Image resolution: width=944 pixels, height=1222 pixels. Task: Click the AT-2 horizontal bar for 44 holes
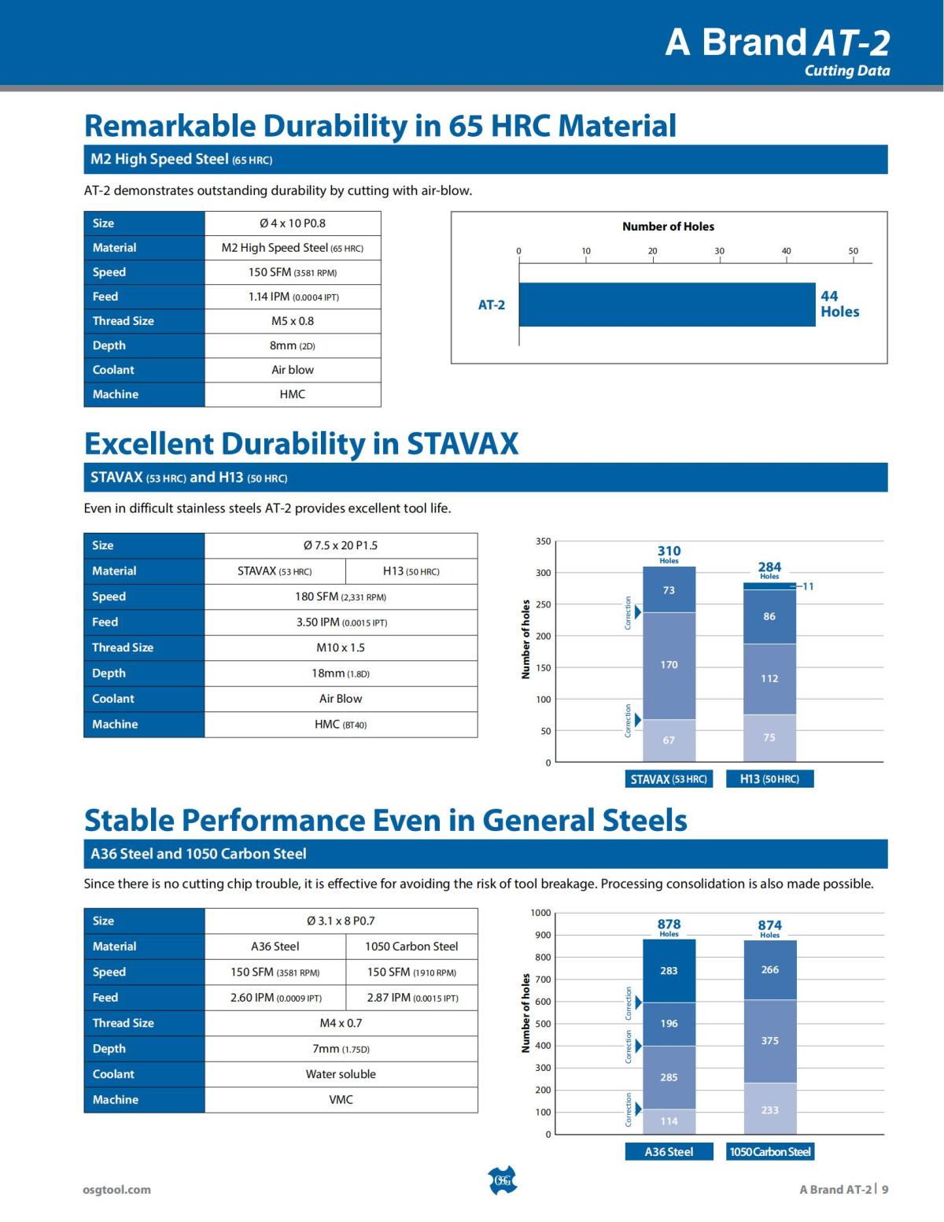coord(666,305)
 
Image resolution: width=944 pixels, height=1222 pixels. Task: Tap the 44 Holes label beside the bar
coord(839,304)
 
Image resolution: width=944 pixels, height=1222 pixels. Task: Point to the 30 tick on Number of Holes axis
coord(719,251)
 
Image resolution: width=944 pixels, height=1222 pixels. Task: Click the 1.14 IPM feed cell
coord(293,297)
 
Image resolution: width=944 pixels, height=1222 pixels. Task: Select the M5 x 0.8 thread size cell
coord(293,321)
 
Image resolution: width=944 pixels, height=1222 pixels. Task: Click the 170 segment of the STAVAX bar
coord(669,665)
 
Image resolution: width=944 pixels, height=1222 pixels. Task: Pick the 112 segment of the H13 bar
coord(769,678)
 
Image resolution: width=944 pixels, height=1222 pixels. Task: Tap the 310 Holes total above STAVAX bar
coord(669,553)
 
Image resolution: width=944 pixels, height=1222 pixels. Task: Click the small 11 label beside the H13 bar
coord(808,586)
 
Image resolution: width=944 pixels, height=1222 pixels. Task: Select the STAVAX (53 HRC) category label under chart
coord(669,779)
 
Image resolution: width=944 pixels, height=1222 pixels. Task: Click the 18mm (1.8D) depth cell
coord(341,674)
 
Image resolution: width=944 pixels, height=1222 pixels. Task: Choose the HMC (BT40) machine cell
coord(341,725)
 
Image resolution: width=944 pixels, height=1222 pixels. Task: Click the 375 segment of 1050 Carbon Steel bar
coord(769,1040)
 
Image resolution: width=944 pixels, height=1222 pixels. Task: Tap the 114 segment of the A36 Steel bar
coord(669,1121)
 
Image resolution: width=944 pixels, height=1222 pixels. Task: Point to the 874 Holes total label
coord(769,928)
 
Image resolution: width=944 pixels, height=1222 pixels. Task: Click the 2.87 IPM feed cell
coord(411,998)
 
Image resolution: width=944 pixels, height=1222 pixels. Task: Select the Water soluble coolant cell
coord(341,1074)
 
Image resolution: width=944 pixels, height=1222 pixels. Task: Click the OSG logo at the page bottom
coord(503,1180)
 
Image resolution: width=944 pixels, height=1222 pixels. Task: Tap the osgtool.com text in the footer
coord(116,1190)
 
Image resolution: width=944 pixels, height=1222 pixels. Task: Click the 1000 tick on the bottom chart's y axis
coord(540,913)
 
